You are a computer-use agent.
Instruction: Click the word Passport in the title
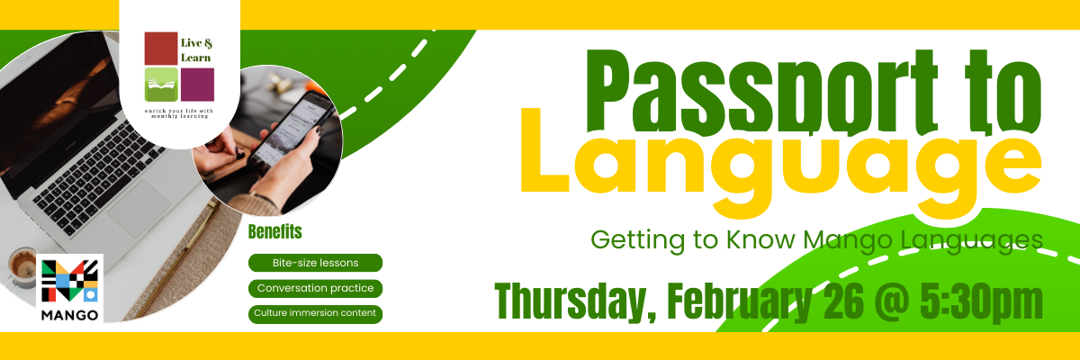761,92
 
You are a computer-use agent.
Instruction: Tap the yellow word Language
781,164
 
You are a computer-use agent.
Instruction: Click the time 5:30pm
981,302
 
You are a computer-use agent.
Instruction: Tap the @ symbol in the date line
892,302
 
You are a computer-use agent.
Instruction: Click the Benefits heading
274,232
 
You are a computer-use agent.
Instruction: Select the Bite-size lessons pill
315,263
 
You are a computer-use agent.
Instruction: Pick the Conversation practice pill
315,288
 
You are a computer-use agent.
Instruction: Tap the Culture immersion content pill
315,314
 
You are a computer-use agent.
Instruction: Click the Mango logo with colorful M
70,288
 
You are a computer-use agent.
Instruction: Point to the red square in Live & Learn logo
161,49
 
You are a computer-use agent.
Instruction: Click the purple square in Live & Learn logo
198,85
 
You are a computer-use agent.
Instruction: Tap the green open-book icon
161,85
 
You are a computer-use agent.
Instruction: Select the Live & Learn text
196,50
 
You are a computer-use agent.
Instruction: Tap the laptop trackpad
139,209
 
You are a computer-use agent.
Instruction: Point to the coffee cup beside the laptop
22,266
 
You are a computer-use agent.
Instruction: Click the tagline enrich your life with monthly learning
179,113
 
